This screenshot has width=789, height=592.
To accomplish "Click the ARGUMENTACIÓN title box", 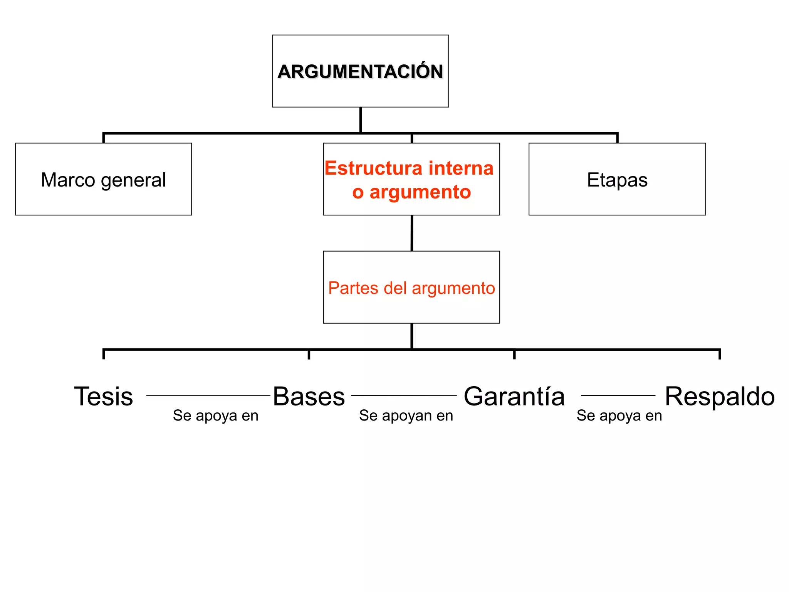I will (360, 71).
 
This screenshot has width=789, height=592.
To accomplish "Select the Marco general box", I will (103, 179).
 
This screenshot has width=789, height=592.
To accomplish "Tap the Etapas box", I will (617, 179).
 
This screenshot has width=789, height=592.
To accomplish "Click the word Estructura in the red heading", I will (373, 168).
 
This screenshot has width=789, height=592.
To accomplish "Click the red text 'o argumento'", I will (411, 192).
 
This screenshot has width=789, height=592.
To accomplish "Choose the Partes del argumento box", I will (411, 288).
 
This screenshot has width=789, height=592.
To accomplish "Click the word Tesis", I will (103, 396).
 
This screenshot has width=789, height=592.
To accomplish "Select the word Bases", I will (309, 396).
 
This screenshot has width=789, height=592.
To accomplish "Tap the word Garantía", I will (514, 396).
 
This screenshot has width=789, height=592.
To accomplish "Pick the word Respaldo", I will (720, 396).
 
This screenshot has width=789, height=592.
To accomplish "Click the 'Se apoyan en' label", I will (406, 415).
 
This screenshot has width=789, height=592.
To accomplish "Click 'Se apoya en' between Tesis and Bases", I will (215, 415).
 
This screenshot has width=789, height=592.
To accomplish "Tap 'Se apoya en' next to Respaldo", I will (619, 415).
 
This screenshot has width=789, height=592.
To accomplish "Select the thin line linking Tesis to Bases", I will (208, 395).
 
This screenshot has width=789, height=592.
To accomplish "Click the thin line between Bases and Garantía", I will (404, 395).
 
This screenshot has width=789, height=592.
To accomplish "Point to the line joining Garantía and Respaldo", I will (618, 395).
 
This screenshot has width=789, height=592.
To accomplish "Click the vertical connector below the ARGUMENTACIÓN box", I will (361, 120).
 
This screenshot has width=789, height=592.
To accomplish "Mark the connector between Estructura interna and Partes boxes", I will (412, 233).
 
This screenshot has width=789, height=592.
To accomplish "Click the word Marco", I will (68, 180).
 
